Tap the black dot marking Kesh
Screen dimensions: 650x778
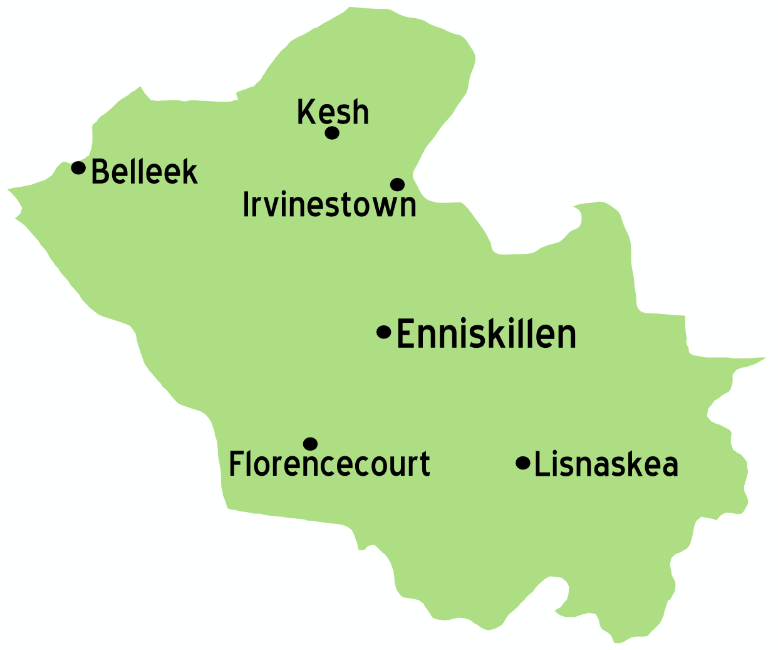click(332, 133)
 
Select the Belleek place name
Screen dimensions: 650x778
click(145, 172)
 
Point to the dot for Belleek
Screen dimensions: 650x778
click(78, 167)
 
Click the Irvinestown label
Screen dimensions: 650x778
click(329, 204)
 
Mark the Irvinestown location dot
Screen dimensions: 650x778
click(397, 184)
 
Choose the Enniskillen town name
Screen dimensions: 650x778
click(486, 334)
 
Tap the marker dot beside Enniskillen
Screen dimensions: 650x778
click(383, 332)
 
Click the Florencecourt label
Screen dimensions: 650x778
click(329, 464)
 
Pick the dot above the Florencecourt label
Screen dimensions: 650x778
click(310, 444)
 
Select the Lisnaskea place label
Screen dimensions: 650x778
click(606, 464)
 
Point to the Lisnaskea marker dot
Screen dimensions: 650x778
click(522, 463)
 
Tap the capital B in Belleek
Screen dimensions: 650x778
click(100, 172)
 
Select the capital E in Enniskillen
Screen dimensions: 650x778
click(406, 334)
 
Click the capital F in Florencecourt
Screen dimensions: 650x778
click(236, 464)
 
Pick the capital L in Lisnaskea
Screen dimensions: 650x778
click(541, 464)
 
